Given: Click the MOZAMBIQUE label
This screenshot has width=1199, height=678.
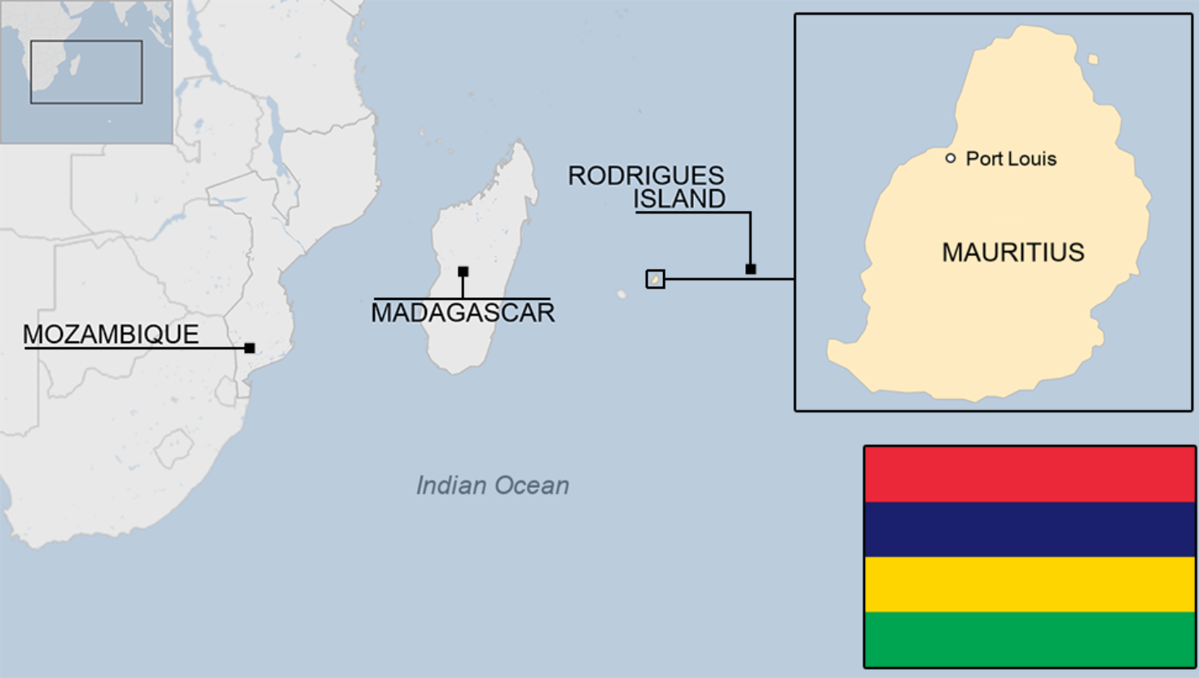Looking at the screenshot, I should pos(111,334).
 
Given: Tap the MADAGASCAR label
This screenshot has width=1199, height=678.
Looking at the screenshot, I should pos(463,313).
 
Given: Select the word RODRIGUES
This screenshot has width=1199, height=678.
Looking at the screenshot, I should pos(646,175).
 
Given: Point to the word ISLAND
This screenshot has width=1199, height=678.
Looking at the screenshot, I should pos(679,199).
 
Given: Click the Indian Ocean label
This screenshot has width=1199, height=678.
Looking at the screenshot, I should pos(492,486).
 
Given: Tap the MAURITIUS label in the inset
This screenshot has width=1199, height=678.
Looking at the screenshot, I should pos(1013,253).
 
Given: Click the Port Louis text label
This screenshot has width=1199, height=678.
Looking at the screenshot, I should pos(1011,159).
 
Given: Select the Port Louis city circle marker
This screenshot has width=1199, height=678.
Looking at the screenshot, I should pos(951,158).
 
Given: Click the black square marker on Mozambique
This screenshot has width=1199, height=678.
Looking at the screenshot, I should pos(250,348).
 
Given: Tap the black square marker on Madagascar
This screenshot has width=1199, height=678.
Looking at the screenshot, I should pos(463,271).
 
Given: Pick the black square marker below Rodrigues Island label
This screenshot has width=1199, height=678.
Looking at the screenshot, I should pos(750,269).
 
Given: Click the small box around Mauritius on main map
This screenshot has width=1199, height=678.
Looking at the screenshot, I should pos(655,280).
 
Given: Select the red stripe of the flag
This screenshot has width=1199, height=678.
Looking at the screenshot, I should pos(1030,474).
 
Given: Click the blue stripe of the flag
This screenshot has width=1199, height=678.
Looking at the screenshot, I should pos(1030,530).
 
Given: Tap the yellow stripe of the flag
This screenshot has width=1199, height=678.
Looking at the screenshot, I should pos(1030,584).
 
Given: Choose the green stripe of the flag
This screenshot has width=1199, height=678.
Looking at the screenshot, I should pos(1030,639).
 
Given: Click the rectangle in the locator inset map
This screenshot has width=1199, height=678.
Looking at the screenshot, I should pos(86,72).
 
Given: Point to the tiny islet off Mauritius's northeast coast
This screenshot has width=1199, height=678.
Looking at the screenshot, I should pos(1093,59).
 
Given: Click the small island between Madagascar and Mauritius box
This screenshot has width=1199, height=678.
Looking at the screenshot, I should pos(622,294).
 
